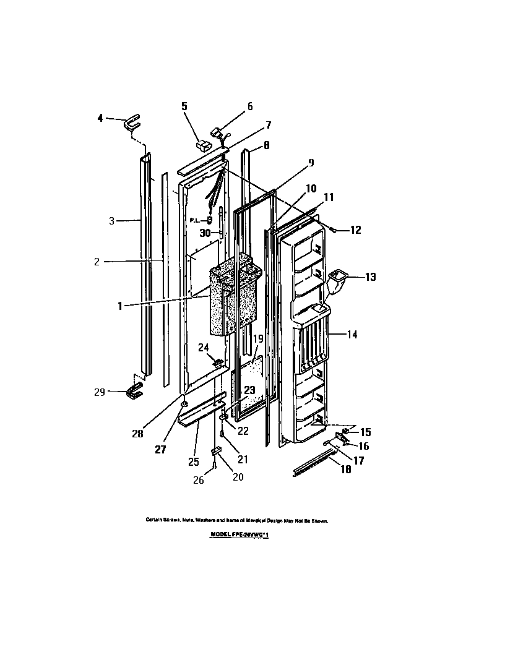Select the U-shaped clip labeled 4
click(132, 123)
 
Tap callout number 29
click(98, 391)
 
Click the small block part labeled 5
click(202, 146)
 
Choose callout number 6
click(249, 106)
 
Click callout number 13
click(370, 277)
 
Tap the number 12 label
click(355, 230)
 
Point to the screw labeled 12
click(334, 230)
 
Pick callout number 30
click(206, 233)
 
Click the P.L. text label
click(194, 220)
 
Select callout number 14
click(352, 335)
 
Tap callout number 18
click(345, 470)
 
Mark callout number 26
click(198, 481)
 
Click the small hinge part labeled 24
click(217, 361)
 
